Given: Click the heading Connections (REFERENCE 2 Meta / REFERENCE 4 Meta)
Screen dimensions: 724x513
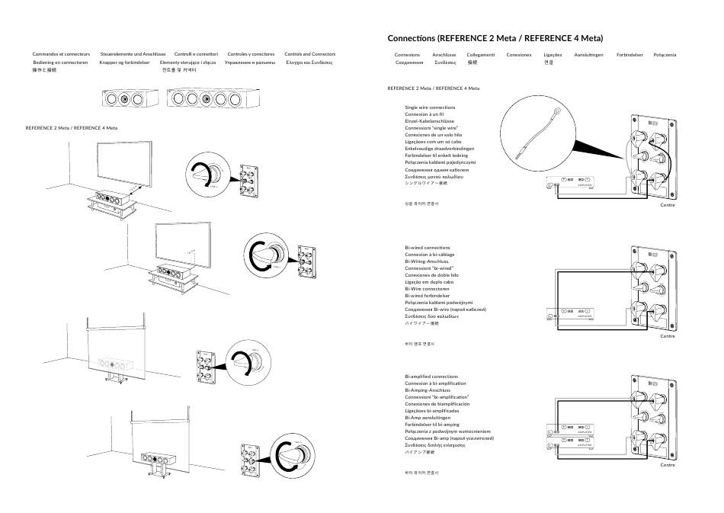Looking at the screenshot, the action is pyautogui.click(x=500, y=38).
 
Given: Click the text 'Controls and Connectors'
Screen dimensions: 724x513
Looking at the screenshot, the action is pyautogui.click(x=309, y=55).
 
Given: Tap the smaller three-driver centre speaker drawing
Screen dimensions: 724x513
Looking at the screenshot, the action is pyautogui.click(x=128, y=99).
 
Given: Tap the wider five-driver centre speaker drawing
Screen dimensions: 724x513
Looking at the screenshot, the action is pyautogui.click(x=208, y=99).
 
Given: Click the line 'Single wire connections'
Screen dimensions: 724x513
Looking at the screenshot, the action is pyautogui.click(x=430, y=107).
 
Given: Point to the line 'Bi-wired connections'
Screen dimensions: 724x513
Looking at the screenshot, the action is pyautogui.click(x=428, y=248).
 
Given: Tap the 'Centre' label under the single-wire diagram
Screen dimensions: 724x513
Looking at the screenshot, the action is pyautogui.click(x=668, y=207).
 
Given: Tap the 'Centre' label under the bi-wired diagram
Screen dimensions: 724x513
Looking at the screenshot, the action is pyautogui.click(x=668, y=335).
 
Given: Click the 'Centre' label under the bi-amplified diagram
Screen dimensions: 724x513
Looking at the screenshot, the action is pyautogui.click(x=668, y=464).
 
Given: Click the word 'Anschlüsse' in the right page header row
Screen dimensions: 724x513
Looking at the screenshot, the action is pyautogui.click(x=444, y=55).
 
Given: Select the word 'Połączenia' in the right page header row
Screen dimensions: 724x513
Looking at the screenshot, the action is pyautogui.click(x=665, y=55).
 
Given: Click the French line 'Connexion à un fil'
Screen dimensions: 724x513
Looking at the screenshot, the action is pyautogui.click(x=425, y=114).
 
